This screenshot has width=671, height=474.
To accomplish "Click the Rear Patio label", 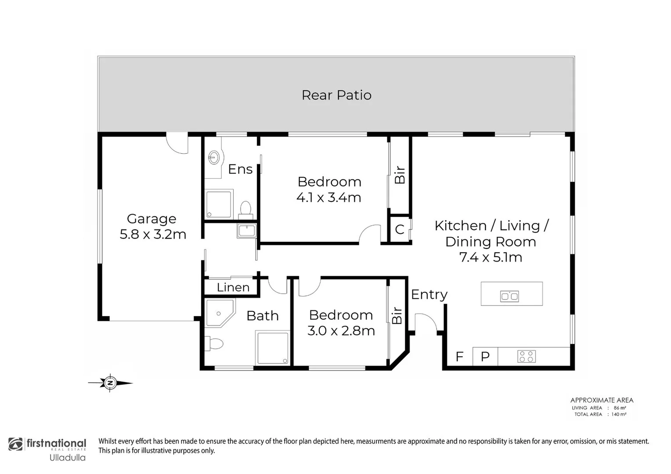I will coord(336,95).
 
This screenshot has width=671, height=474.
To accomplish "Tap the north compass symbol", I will coord(110,383).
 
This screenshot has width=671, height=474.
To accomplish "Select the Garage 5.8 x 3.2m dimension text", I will coord(153,234).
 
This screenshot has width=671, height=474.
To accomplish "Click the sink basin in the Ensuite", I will coord(214,157).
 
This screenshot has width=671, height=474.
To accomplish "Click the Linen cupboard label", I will coord(233,287).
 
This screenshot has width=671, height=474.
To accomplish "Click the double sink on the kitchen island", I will coord(509,296).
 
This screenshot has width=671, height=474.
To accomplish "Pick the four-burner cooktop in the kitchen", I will coord(527,356).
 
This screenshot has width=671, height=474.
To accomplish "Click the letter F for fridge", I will coord(459,356).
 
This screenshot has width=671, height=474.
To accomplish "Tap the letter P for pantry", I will coord(485,356).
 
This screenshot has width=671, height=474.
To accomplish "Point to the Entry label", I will coord(429,294).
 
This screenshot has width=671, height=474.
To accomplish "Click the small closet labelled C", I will coord(400,229).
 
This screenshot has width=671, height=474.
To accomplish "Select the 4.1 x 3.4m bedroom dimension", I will coord(328,197).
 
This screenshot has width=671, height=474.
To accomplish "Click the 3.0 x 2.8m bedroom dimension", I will coord(341,330).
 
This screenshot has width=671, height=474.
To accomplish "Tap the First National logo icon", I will coord(16,444).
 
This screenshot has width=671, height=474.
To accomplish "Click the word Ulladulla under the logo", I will coord(67,458).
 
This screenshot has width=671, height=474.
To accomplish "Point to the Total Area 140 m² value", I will coord(619,414).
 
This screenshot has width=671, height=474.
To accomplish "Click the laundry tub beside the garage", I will coord(246,230).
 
